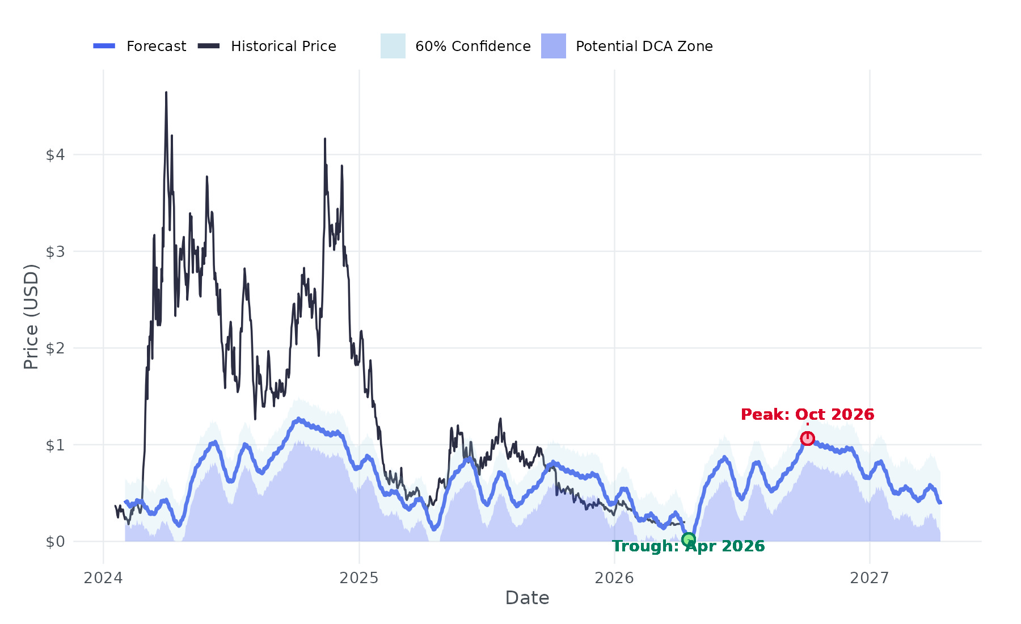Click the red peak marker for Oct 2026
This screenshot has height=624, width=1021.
point(807,439)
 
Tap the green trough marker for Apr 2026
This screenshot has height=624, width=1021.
point(688,539)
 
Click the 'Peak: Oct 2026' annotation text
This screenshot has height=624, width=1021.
point(807,415)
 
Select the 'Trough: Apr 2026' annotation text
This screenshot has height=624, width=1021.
point(688,546)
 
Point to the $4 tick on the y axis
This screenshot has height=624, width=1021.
point(55,155)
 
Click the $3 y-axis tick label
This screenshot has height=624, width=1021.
point(55,251)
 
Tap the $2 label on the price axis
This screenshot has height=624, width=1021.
point(55,348)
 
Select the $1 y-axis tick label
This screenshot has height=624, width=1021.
point(55,445)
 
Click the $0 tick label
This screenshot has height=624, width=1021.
point(55,542)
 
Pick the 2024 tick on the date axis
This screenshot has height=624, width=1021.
point(103,578)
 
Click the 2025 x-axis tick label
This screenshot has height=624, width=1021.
point(358,578)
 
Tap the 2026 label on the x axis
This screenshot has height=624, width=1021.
point(614,578)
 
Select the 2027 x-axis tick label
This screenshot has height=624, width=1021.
point(870,578)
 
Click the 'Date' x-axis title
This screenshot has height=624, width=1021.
point(527,598)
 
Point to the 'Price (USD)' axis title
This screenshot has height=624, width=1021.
point(31,317)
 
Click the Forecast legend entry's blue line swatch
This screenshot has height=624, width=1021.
point(104,46)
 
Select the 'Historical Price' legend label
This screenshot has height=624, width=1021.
point(283,47)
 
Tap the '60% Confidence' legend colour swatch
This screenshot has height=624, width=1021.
point(393,46)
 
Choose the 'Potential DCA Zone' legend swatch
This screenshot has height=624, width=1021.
point(553,46)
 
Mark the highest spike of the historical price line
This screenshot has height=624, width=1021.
point(166,92)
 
